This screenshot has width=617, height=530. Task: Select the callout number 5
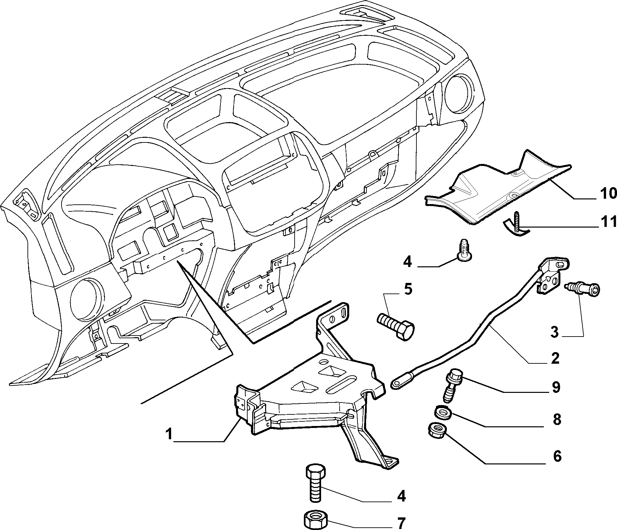(408, 289)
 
